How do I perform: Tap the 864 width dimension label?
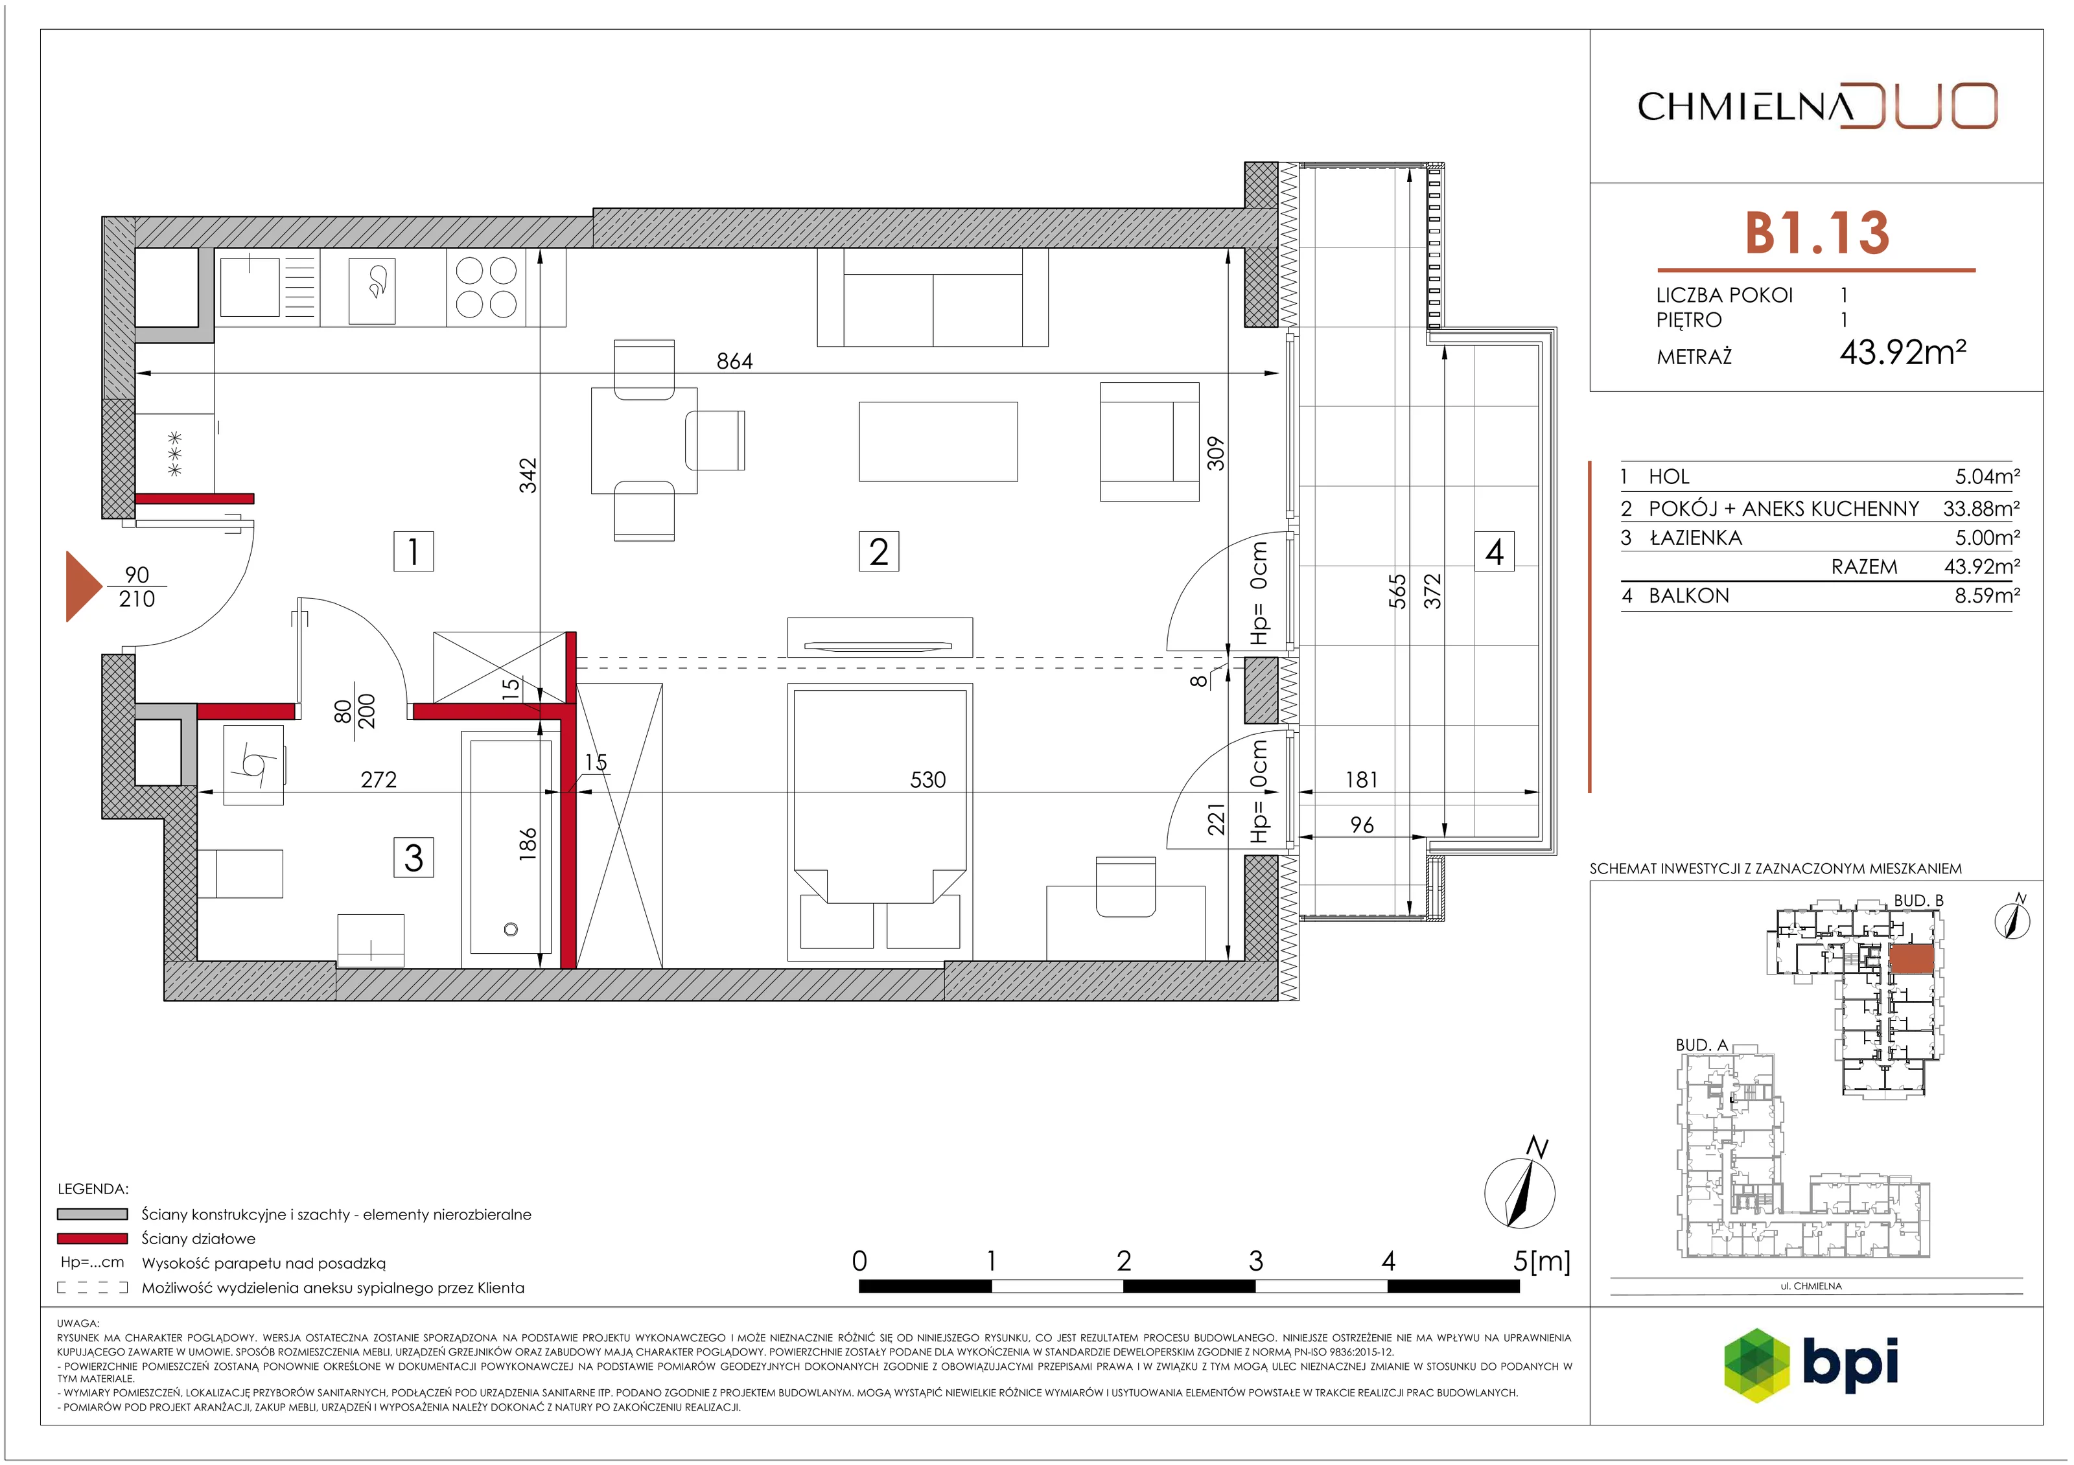(734, 362)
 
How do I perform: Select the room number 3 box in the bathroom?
(414, 857)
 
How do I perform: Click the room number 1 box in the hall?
(414, 551)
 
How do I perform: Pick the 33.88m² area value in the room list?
(1981, 509)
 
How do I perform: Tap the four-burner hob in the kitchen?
(486, 287)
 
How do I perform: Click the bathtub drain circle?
(511, 929)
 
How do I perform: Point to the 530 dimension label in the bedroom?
(927, 779)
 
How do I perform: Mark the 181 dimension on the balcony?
(1361, 779)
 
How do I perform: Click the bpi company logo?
(1811, 1364)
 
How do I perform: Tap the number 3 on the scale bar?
(1255, 1261)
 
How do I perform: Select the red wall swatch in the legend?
(92, 1238)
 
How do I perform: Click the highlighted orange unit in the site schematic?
(1911, 959)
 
